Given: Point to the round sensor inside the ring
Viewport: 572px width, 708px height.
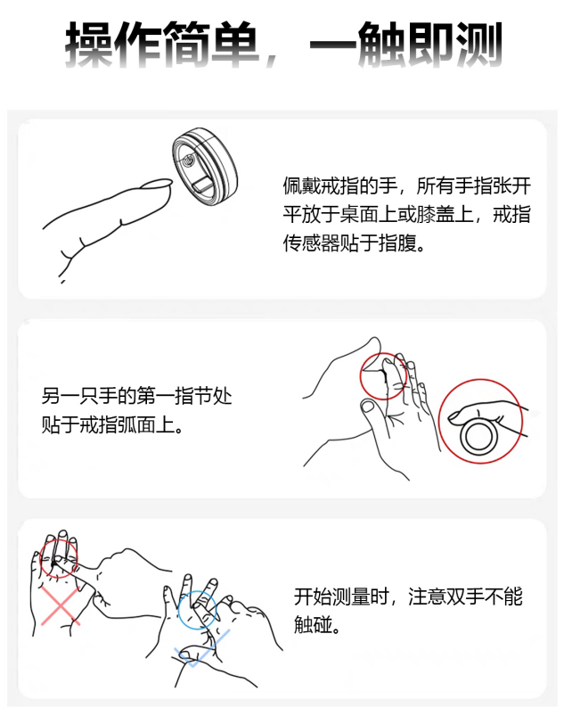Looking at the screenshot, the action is (x=189, y=160).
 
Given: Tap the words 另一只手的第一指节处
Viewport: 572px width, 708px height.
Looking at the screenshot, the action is (x=136, y=396).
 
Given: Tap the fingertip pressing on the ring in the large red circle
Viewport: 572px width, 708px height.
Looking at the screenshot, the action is (x=454, y=416).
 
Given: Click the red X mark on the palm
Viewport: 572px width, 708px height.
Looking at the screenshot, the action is (x=60, y=606).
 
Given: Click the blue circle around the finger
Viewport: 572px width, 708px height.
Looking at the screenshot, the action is (x=178, y=610).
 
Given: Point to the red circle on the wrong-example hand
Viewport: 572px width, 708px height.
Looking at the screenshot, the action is (x=41, y=558).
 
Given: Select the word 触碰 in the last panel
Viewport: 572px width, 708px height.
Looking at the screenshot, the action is (x=313, y=624).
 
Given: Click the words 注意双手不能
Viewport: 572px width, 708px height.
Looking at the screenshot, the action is (x=466, y=596).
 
